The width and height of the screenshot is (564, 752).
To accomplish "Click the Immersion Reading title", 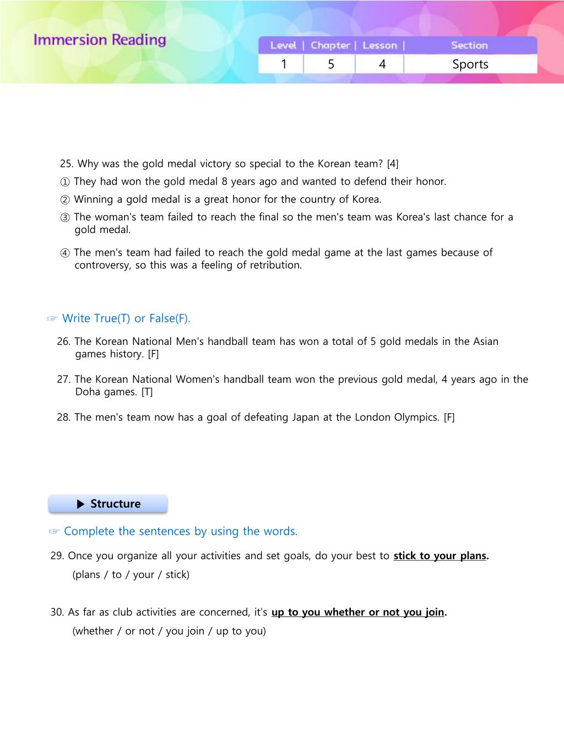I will pos(100,40).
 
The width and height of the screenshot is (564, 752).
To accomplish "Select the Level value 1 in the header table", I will pos(284,64).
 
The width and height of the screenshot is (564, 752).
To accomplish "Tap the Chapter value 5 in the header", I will pos(331,64).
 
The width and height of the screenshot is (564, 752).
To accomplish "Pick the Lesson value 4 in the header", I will pos(382,64).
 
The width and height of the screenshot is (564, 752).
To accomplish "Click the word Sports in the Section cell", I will pos(470,64).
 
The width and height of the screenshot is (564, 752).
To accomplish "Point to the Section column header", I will pos(469,46).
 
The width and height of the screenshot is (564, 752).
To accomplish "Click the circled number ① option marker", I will pos(65,182).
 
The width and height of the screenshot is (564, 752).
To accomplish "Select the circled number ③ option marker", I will pos(65,217).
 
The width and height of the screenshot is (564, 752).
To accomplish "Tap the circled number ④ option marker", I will pos(65,253).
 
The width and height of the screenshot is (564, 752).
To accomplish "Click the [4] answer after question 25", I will pos(393,164).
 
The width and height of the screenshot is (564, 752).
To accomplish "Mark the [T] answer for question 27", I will pos(147,392).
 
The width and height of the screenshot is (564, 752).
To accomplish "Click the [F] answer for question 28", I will pos(449,418).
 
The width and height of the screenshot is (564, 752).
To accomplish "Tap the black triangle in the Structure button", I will pos(81,504).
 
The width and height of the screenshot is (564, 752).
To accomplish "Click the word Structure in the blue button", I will pos(115,504).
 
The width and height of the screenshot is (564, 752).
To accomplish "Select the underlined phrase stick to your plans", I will pos(440,556).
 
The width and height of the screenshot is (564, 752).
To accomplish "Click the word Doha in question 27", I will pos(88,392).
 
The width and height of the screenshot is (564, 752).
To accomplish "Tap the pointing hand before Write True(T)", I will pos(52,319).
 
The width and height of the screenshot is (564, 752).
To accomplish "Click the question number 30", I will pos(57,612).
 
